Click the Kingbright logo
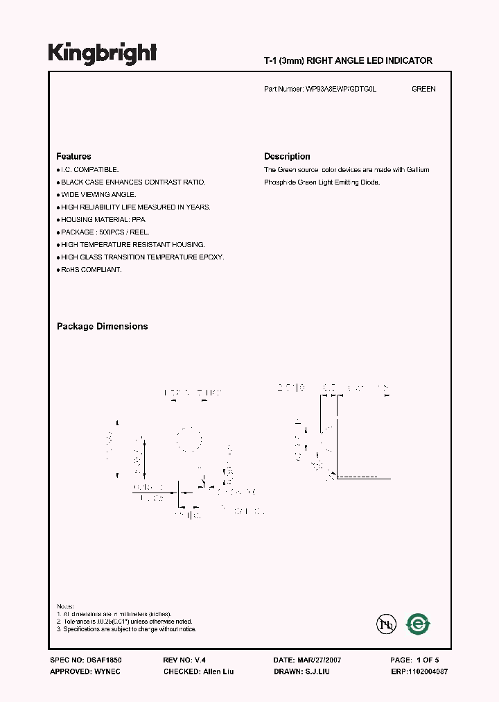click(x=102, y=53)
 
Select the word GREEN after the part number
click(x=423, y=89)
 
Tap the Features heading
click(x=73, y=157)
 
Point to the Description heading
click(x=287, y=157)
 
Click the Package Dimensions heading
click(x=102, y=326)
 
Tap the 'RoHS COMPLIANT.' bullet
click(x=91, y=269)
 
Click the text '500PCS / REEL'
click(x=123, y=232)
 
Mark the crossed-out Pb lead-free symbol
click(x=386, y=624)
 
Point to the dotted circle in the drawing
click(x=187, y=439)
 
